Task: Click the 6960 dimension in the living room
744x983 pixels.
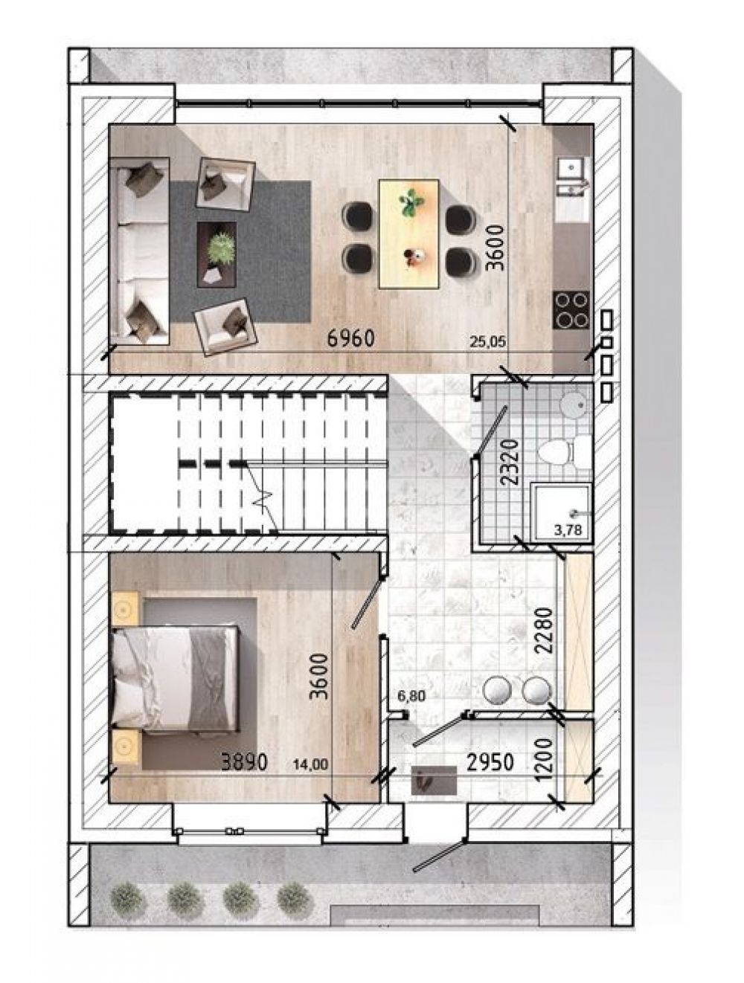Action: (x=350, y=338)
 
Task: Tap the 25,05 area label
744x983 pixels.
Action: (x=488, y=343)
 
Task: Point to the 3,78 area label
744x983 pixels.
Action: (x=568, y=530)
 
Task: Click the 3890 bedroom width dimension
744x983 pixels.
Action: (x=245, y=761)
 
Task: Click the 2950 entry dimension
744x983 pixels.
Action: (x=490, y=761)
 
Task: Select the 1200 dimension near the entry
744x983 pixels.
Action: (x=544, y=761)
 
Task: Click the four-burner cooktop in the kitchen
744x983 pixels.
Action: (x=571, y=310)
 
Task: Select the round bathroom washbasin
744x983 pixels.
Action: (x=574, y=405)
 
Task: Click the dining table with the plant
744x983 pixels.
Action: (x=408, y=233)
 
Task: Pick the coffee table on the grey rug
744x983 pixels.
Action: (x=217, y=254)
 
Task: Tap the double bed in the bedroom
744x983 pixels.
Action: (x=175, y=679)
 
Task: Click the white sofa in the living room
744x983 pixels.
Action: (x=139, y=251)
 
